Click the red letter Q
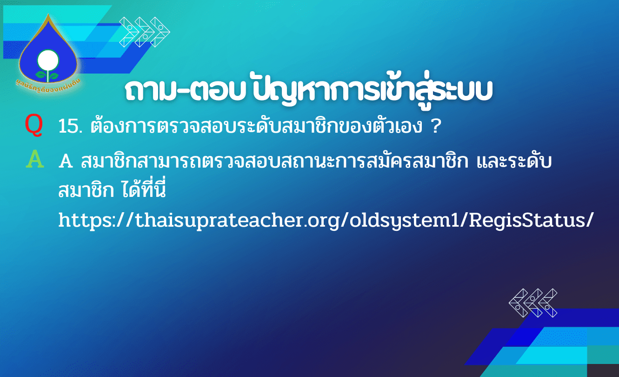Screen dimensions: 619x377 coord(33,125)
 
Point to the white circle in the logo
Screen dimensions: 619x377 coord(48,61)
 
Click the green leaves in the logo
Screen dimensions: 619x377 coord(47,75)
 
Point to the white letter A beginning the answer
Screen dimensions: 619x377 coord(66,161)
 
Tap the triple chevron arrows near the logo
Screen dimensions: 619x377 coord(145,32)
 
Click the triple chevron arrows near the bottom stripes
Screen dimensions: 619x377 coord(533,303)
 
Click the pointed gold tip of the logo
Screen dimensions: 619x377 coord(48,14)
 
